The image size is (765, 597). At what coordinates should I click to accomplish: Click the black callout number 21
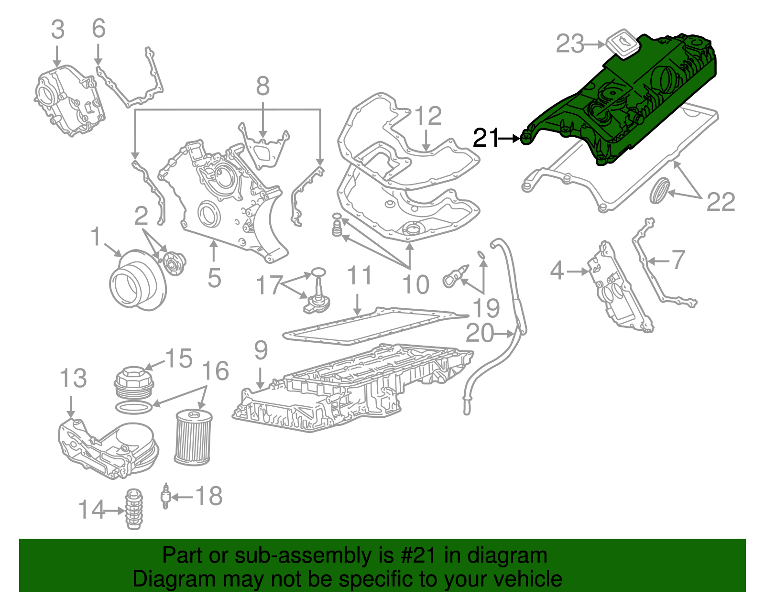click(x=485, y=138)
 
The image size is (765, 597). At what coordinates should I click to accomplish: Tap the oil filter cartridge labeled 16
click(x=193, y=437)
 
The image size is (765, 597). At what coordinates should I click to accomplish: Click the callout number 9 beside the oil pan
click(x=261, y=351)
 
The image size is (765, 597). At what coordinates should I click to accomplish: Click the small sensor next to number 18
click(x=165, y=496)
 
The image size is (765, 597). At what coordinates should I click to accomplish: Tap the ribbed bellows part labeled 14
click(x=134, y=510)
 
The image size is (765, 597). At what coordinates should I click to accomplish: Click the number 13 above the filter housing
click(x=73, y=379)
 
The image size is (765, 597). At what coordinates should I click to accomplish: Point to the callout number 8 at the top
click(x=262, y=87)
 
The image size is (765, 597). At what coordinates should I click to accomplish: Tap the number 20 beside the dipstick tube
click(x=480, y=333)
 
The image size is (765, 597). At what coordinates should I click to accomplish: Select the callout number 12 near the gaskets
click(x=427, y=116)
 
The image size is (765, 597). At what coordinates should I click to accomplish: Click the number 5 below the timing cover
click(x=214, y=278)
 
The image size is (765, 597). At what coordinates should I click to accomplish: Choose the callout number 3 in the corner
click(x=57, y=30)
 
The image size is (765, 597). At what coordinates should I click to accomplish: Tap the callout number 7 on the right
click(x=678, y=260)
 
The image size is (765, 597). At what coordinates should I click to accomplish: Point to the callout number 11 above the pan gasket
click(x=359, y=276)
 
